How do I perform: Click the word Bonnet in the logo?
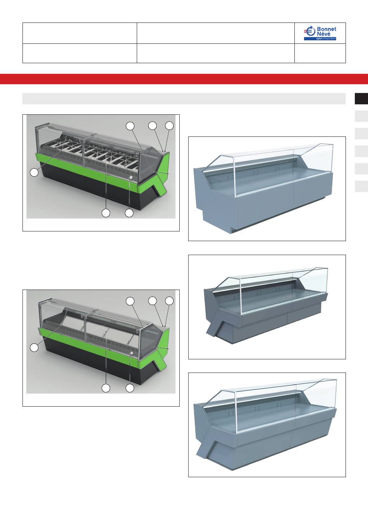(327, 29)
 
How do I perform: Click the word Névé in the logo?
(323, 34)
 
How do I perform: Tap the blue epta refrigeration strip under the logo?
(320, 39)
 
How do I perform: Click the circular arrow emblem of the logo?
(310, 31)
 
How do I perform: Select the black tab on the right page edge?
(361, 98)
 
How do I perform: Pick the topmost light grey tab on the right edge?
(361, 116)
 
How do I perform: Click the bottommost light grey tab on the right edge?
(361, 186)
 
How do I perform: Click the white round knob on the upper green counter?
(131, 178)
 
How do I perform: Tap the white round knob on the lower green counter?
(132, 353)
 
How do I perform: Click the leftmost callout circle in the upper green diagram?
(34, 173)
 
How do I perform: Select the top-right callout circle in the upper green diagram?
(169, 126)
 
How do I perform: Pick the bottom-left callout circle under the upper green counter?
(106, 213)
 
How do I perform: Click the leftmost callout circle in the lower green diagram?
(34, 348)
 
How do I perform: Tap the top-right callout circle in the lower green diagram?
(169, 301)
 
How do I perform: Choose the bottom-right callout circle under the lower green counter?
(130, 388)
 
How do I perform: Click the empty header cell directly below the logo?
(320, 53)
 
